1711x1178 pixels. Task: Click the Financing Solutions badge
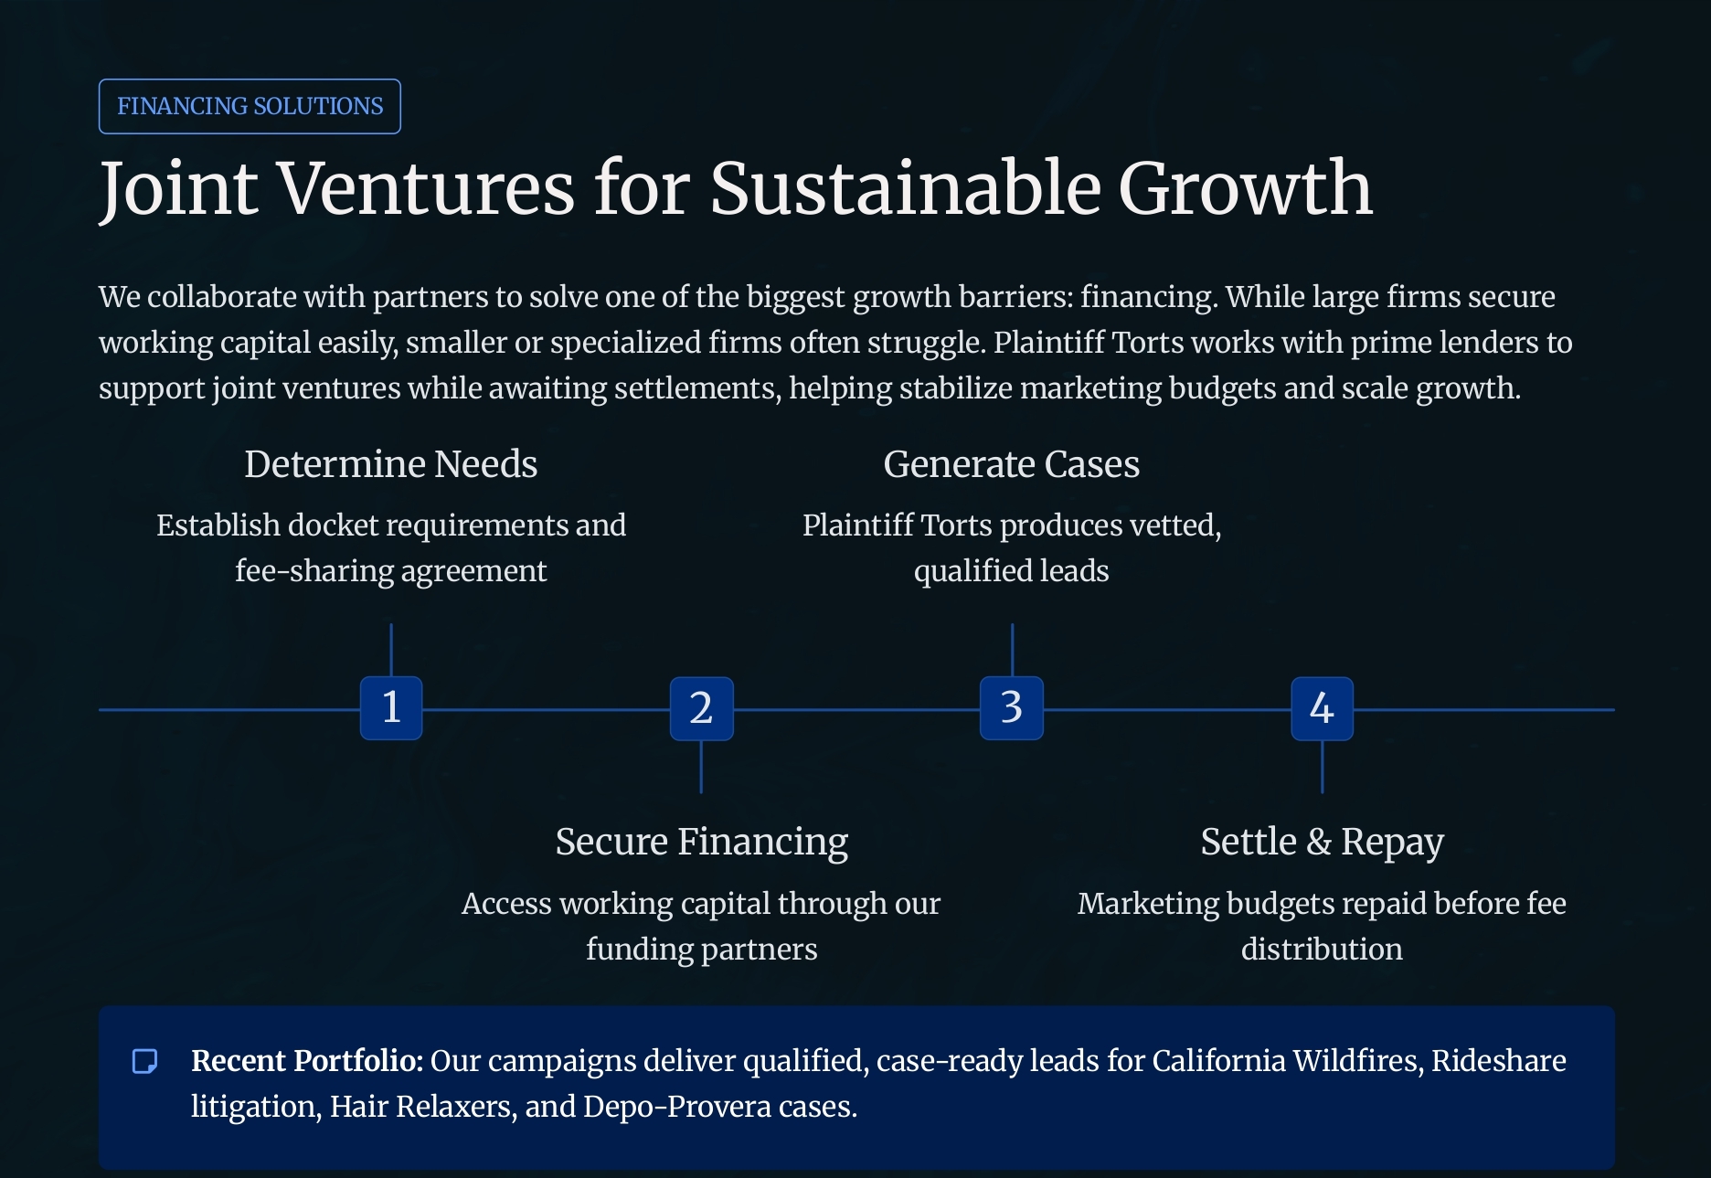coord(250,106)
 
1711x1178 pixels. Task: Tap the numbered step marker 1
coord(391,708)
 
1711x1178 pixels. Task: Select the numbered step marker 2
coord(701,708)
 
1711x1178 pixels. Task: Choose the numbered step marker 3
coord(1012,708)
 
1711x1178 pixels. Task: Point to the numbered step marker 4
coord(1322,708)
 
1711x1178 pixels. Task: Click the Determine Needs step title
coord(391,464)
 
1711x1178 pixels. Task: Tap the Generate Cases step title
coord(1012,464)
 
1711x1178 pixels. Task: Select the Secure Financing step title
coord(702,842)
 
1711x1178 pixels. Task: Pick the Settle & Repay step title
coord(1322,842)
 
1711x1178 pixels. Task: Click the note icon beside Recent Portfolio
coord(145,1061)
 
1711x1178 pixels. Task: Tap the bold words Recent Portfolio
coord(307,1060)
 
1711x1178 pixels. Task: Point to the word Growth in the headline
coord(1246,188)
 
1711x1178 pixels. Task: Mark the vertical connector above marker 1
coord(391,650)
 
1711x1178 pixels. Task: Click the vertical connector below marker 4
coord(1322,767)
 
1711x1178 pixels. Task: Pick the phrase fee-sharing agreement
coord(391,571)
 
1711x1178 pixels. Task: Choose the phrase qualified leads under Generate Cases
coord(1012,571)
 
